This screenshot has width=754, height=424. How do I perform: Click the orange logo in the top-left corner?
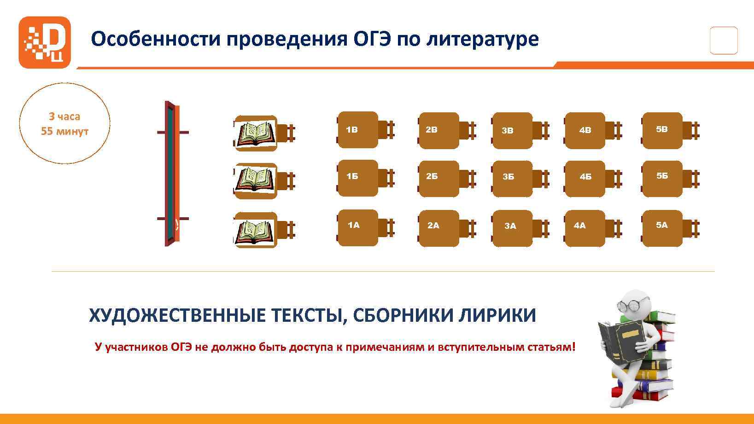[45, 42]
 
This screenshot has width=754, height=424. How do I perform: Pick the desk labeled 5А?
[662, 228]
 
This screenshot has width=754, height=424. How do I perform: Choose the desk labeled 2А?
[439, 228]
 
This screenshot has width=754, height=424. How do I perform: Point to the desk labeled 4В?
[585, 130]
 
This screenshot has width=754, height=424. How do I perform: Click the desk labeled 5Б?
[662, 178]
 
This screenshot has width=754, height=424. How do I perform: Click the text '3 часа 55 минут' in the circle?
[64, 124]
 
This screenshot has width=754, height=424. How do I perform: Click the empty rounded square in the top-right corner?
[724, 41]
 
